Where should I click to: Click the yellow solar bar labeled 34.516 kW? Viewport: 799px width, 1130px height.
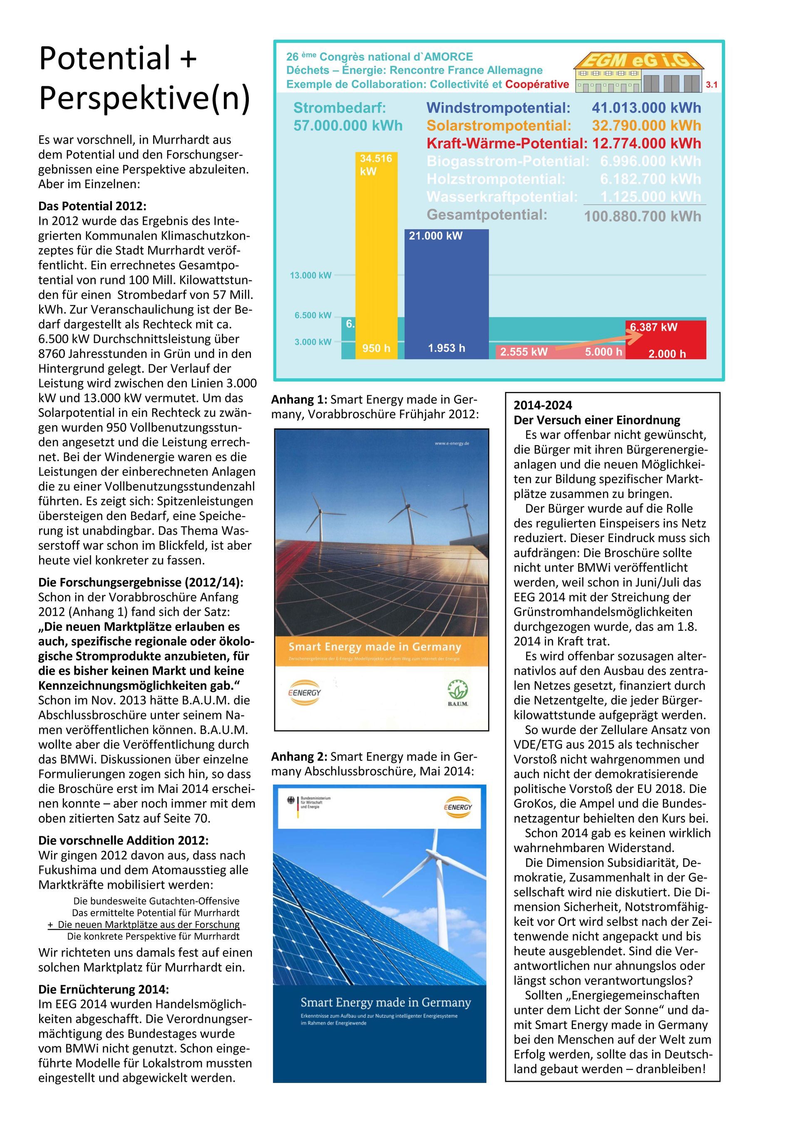click(376, 256)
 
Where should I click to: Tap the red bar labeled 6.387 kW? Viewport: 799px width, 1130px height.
click(665, 339)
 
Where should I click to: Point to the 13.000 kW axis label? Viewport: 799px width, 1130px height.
click(310, 275)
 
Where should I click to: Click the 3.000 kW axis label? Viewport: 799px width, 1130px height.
click(313, 342)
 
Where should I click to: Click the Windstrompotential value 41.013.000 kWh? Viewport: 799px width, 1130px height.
click(646, 108)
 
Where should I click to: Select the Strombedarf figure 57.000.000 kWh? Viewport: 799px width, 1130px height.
click(347, 126)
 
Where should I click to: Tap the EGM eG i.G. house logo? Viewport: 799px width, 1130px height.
click(638, 72)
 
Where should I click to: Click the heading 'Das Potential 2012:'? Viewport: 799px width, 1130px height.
click(92, 206)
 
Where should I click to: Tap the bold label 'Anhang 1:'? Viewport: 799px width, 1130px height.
click(299, 400)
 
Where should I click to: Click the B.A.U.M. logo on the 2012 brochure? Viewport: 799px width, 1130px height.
click(457, 693)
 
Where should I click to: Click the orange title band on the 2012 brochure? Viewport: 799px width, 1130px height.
click(381, 651)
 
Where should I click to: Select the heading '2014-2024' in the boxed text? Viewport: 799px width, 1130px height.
click(543, 406)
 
